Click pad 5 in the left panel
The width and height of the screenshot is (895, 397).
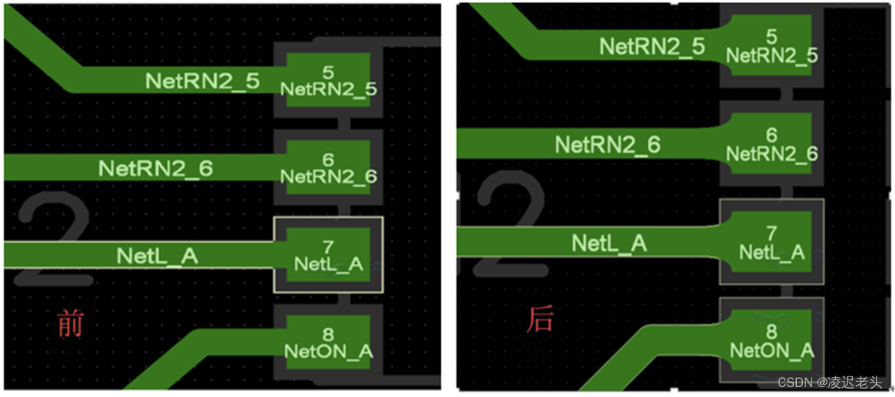tap(328, 80)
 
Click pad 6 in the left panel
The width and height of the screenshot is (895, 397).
tap(328, 168)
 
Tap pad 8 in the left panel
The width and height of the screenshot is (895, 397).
tap(328, 343)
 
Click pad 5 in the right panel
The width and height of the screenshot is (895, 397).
tap(771, 46)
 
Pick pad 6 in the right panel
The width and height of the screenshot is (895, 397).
tap(771, 144)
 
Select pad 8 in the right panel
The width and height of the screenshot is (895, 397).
tap(771, 342)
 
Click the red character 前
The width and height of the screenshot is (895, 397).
tap(70, 324)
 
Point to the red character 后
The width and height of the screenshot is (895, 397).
tap(539, 319)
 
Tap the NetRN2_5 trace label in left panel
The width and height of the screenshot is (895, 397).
tap(203, 81)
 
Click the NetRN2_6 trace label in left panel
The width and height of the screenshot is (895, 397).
tap(155, 168)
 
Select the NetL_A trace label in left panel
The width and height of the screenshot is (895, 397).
tap(157, 255)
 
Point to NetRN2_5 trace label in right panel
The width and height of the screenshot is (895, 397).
tap(652, 46)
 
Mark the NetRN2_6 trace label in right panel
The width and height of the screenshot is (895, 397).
tap(607, 144)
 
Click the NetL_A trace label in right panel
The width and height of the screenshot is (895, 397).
tap(609, 243)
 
